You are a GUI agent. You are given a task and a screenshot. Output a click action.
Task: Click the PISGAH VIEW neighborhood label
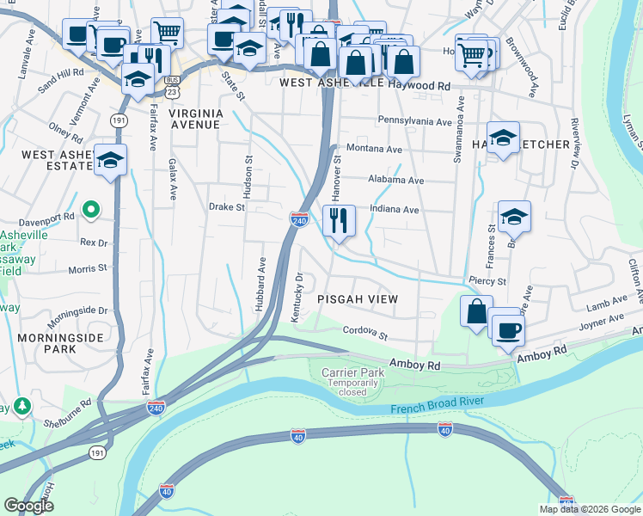pyautogui.click(x=357, y=298)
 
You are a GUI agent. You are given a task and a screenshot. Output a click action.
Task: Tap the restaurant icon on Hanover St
pyautogui.click(x=339, y=221)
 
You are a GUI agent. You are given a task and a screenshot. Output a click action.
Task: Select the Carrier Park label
pyautogui.click(x=352, y=372)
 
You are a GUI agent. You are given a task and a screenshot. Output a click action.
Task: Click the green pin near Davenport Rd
pyautogui.click(x=91, y=208)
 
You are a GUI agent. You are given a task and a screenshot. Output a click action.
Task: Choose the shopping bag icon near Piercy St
pyautogui.click(x=476, y=311)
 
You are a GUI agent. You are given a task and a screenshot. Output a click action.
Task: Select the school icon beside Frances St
pyautogui.click(x=513, y=218)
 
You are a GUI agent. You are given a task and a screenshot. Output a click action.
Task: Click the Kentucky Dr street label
pyautogui.click(x=297, y=298)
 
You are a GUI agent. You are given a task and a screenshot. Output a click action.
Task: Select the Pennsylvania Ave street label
pyautogui.click(x=414, y=122)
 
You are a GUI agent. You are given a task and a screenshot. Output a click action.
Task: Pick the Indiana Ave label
pyautogui.click(x=394, y=209)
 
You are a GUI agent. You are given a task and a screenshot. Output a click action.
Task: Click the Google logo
pyautogui.click(x=28, y=505)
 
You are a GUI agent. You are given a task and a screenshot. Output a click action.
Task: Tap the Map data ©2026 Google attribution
pyautogui.click(x=589, y=509)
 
